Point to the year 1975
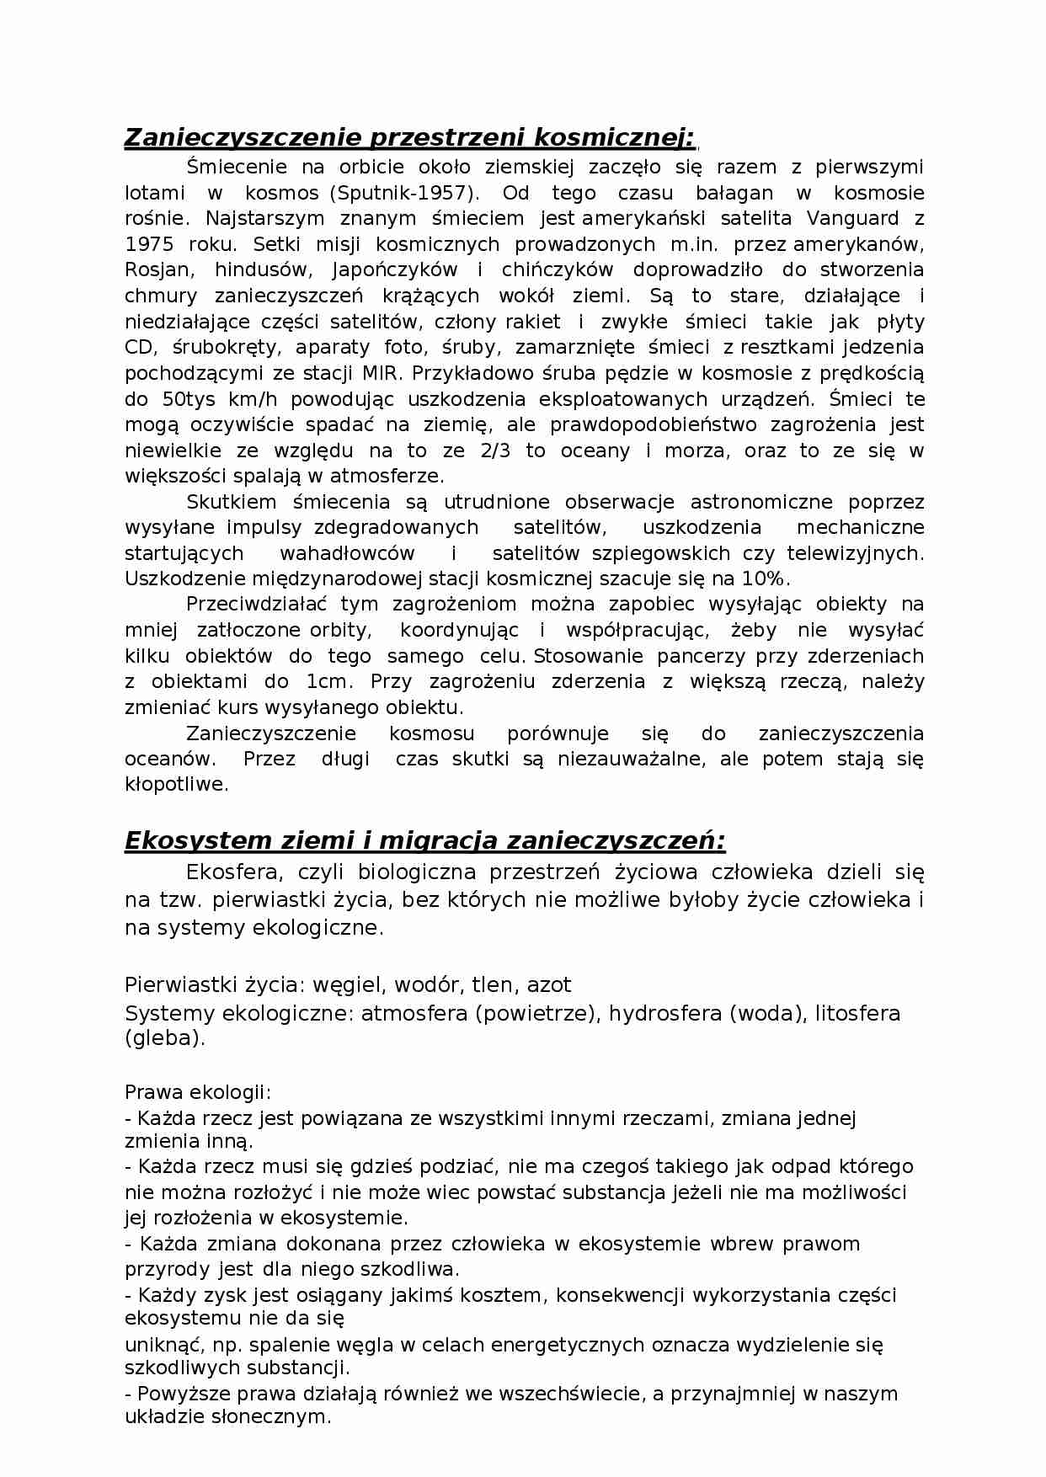(149, 244)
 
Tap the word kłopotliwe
(175, 784)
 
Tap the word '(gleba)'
(164, 1038)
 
